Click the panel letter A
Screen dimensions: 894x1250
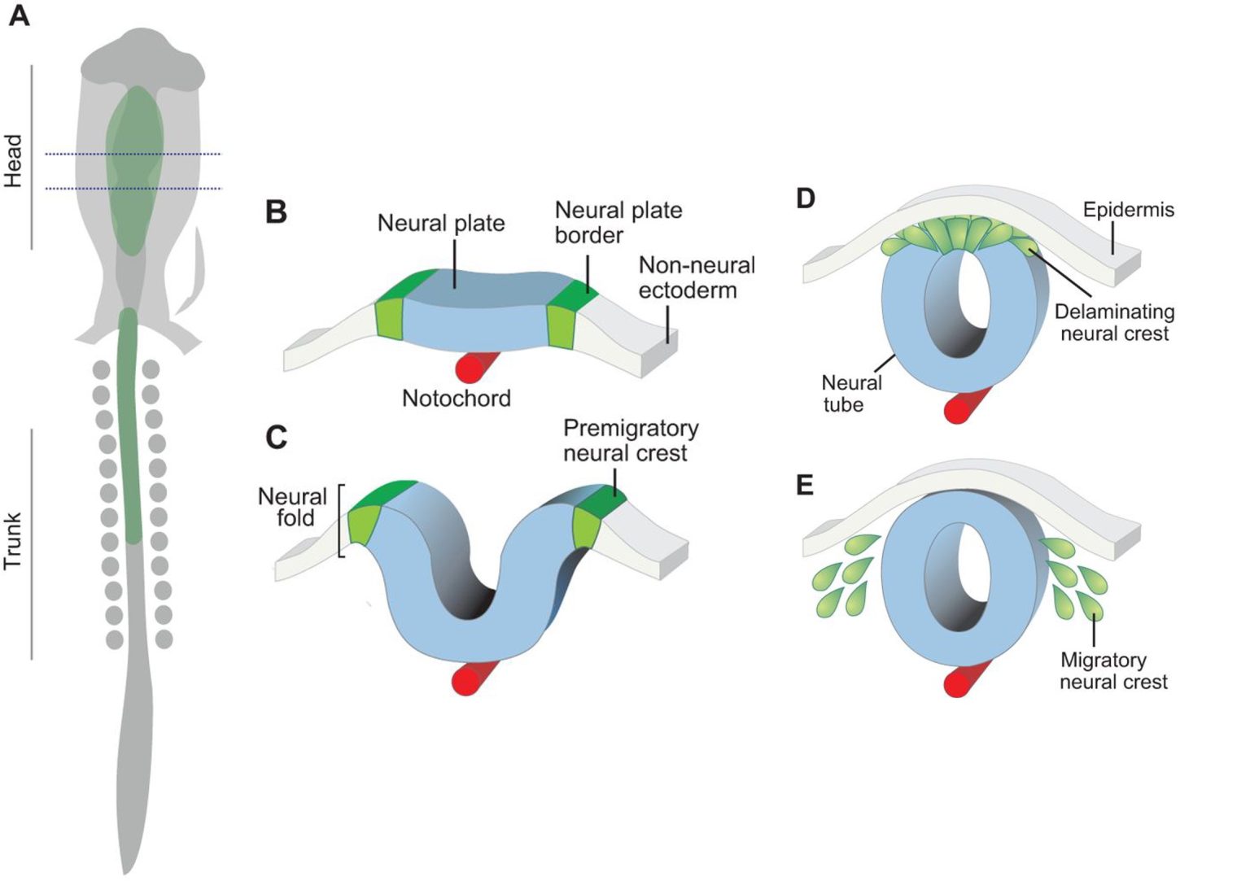[x=19, y=15]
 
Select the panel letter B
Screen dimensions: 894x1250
[x=276, y=212]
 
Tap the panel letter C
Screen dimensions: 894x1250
[x=276, y=438]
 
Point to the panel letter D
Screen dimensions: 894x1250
[x=805, y=198]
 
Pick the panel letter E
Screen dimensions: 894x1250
[x=805, y=486]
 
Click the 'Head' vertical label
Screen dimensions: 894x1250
[x=13, y=160]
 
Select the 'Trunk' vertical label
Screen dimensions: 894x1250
[x=13, y=541]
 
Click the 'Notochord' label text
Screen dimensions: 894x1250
[x=457, y=399]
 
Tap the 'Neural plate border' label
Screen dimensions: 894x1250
[x=618, y=222]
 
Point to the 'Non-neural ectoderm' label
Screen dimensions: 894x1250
[x=697, y=277]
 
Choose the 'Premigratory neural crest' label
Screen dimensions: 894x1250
[x=630, y=440]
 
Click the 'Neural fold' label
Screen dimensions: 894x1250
[x=292, y=507]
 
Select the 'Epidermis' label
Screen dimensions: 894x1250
[x=1128, y=210]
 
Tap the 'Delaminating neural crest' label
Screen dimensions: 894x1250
[x=1114, y=322]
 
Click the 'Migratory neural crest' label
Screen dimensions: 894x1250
[x=1112, y=670]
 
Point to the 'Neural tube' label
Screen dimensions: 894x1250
[x=850, y=393]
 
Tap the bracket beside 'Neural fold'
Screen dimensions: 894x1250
[x=341, y=521]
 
